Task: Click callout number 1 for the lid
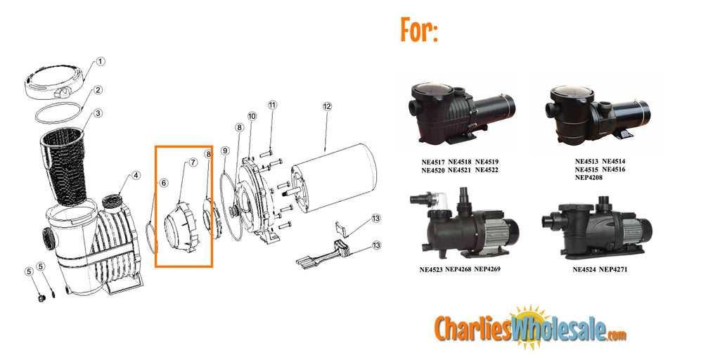(x=101, y=61)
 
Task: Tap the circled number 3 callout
(x=98, y=113)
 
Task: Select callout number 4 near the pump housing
(x=136, y=176)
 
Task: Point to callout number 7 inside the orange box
(x=192, y=163)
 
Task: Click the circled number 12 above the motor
(x=327, y=107)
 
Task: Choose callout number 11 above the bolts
(x=272, y=105)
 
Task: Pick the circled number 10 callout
(x=252, y=115)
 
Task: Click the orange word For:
(x=419, y=30)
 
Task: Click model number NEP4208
(x=589, y=177)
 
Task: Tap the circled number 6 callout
(x=163, y=184)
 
